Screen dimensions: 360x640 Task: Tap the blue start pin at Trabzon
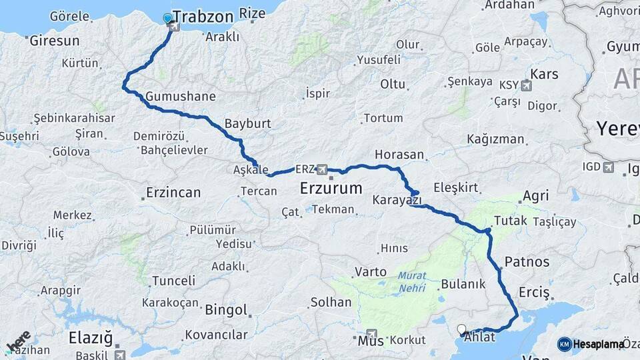[x=167, y=19]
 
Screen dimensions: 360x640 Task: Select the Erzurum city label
[x=331, y=187]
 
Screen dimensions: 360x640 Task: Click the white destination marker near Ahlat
[x=461, y=329]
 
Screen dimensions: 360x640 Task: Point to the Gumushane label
[x=180, y=96]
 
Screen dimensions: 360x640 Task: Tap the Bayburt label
[x=247, y=123]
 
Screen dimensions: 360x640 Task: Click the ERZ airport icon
[x=323, y=168]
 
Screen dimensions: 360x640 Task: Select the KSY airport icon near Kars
[x=527, y=85]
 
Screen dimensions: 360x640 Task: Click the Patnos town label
[x=527, y=261]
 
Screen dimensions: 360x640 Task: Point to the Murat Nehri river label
[x=412, y=283]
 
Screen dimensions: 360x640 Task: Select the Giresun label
[x=54, y=41]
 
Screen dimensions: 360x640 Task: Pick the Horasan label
[x=399, y=154]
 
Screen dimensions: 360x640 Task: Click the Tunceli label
[x=173, y=281]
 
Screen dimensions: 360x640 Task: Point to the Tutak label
[x=511, y=221]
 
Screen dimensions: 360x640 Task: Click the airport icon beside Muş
[x=371, y=334]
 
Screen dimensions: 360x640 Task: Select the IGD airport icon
[x=608, y=167]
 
